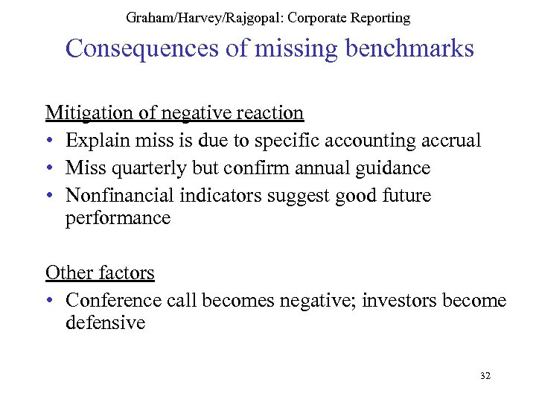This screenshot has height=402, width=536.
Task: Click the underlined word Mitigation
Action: (x=88, y=112)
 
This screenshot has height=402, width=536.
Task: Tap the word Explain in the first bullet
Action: (x=95, y=140)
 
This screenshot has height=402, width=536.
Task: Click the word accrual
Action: (x=449, y=140)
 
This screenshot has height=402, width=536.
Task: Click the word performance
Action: (x=118, y=218)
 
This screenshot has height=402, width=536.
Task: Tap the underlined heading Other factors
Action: (x=100, y=272)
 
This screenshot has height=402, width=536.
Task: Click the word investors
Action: (x=401, y=301)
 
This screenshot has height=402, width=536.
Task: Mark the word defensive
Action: (x=105, y=323)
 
